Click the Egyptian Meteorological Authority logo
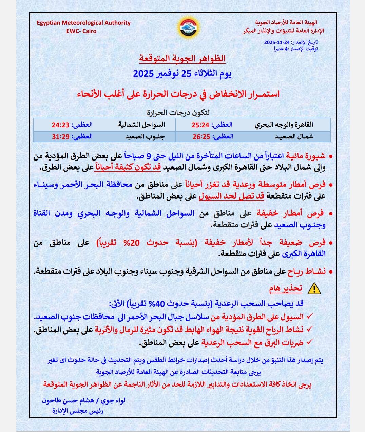[188, 28]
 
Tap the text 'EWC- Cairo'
[81, 31]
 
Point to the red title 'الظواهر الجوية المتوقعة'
[182, 58]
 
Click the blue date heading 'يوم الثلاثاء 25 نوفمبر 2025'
[182, 74]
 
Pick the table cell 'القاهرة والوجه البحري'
[284, 125]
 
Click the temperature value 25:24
[200, 125]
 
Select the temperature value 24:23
[60, 125]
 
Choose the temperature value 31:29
[60, 137]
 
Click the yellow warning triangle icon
[313, 288]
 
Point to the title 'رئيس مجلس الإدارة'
[78, 411]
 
